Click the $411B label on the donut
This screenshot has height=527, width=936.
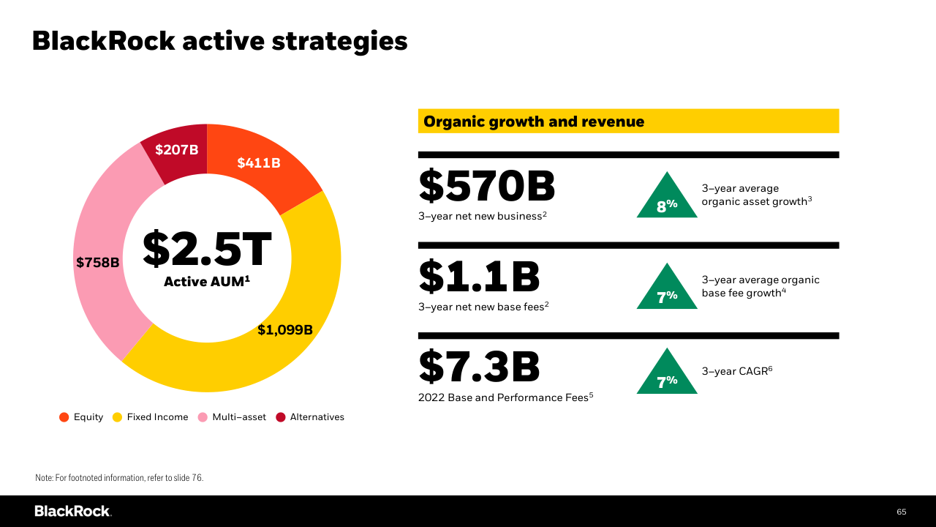click(x=259, y=163)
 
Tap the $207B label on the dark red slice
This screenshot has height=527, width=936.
click(x=177, y=150)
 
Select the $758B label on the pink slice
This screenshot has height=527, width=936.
click(x=97, y=262)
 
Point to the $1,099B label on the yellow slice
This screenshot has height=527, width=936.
click(x=285, y=330)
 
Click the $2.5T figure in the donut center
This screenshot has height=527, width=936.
click(x=207, y=249)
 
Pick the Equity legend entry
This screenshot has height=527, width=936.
click(x=81, y=417)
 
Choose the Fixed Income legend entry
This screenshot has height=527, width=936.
click(x=150, y=417)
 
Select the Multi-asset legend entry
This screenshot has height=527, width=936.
click(x=232, y=417)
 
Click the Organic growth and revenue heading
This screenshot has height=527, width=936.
click(x=534, y=122)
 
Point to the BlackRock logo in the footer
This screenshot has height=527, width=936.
click(x=72, y=511)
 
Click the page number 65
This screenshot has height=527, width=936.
click(x=902, y=512)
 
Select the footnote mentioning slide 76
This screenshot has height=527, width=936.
click(x=119, y=478)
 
